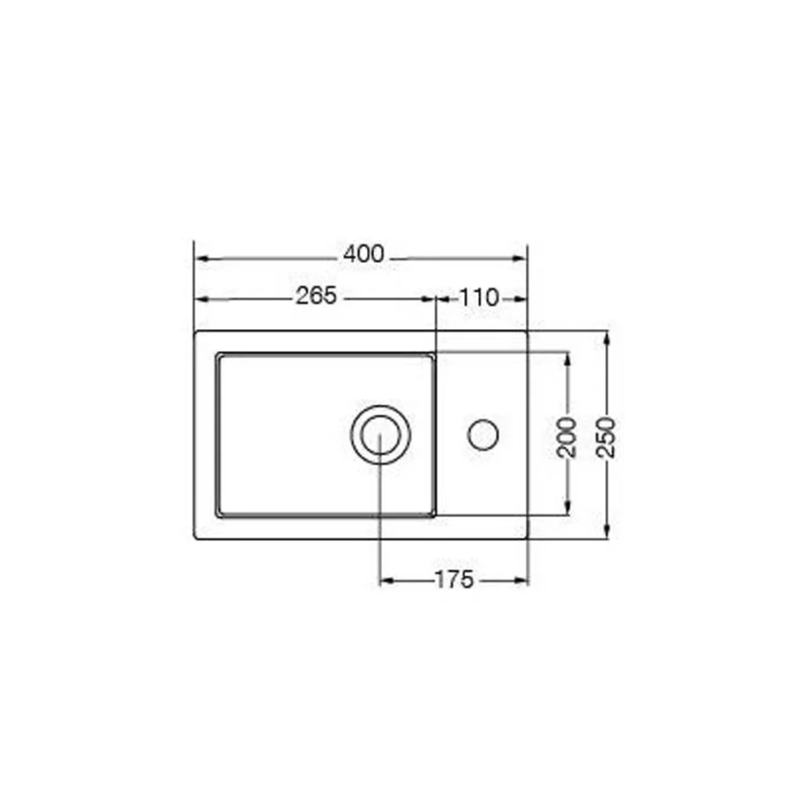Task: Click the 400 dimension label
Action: [x=363, y=254]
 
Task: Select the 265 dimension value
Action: [x=316, y=296]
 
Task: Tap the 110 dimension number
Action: [x=479, y=298]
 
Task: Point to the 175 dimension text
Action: [x=454, y=580]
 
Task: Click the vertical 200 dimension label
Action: [x=566, y=438]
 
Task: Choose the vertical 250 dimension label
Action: [x=606, y=438]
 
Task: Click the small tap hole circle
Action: [x=483, y=435]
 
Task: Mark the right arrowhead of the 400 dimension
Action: [x=520, y=258]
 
